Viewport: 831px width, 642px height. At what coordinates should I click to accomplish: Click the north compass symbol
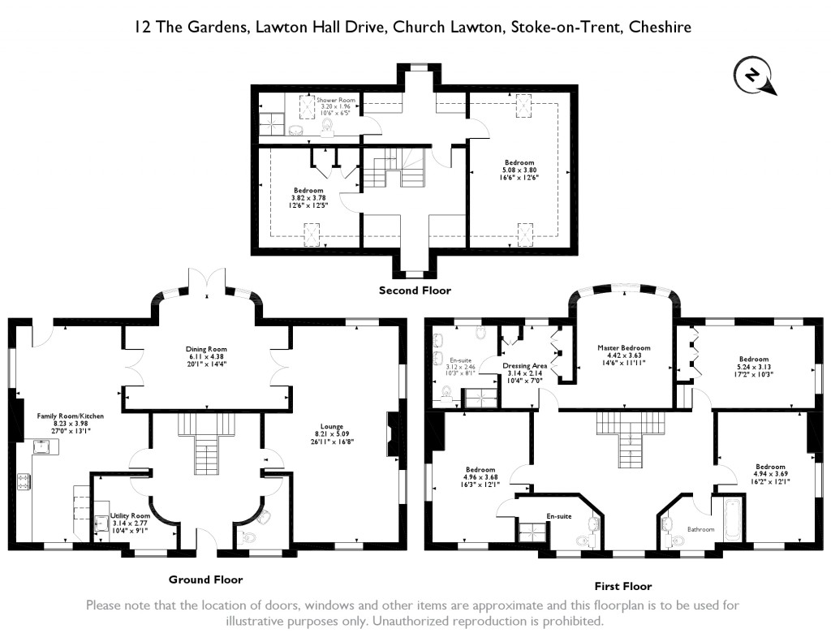(754, 76)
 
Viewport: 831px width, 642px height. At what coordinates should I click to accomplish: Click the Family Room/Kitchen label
(71, 416)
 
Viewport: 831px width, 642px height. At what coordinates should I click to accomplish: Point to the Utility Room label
(130, 515)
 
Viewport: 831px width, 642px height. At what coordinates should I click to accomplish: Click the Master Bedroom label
(624, 348)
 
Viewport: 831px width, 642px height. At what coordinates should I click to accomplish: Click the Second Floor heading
(415, 290)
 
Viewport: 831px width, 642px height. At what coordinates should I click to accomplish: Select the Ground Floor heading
(205, 580)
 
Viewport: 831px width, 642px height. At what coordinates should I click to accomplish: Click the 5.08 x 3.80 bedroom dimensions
(520, 170)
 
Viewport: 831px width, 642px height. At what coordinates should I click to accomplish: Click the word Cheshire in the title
(665, 28)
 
